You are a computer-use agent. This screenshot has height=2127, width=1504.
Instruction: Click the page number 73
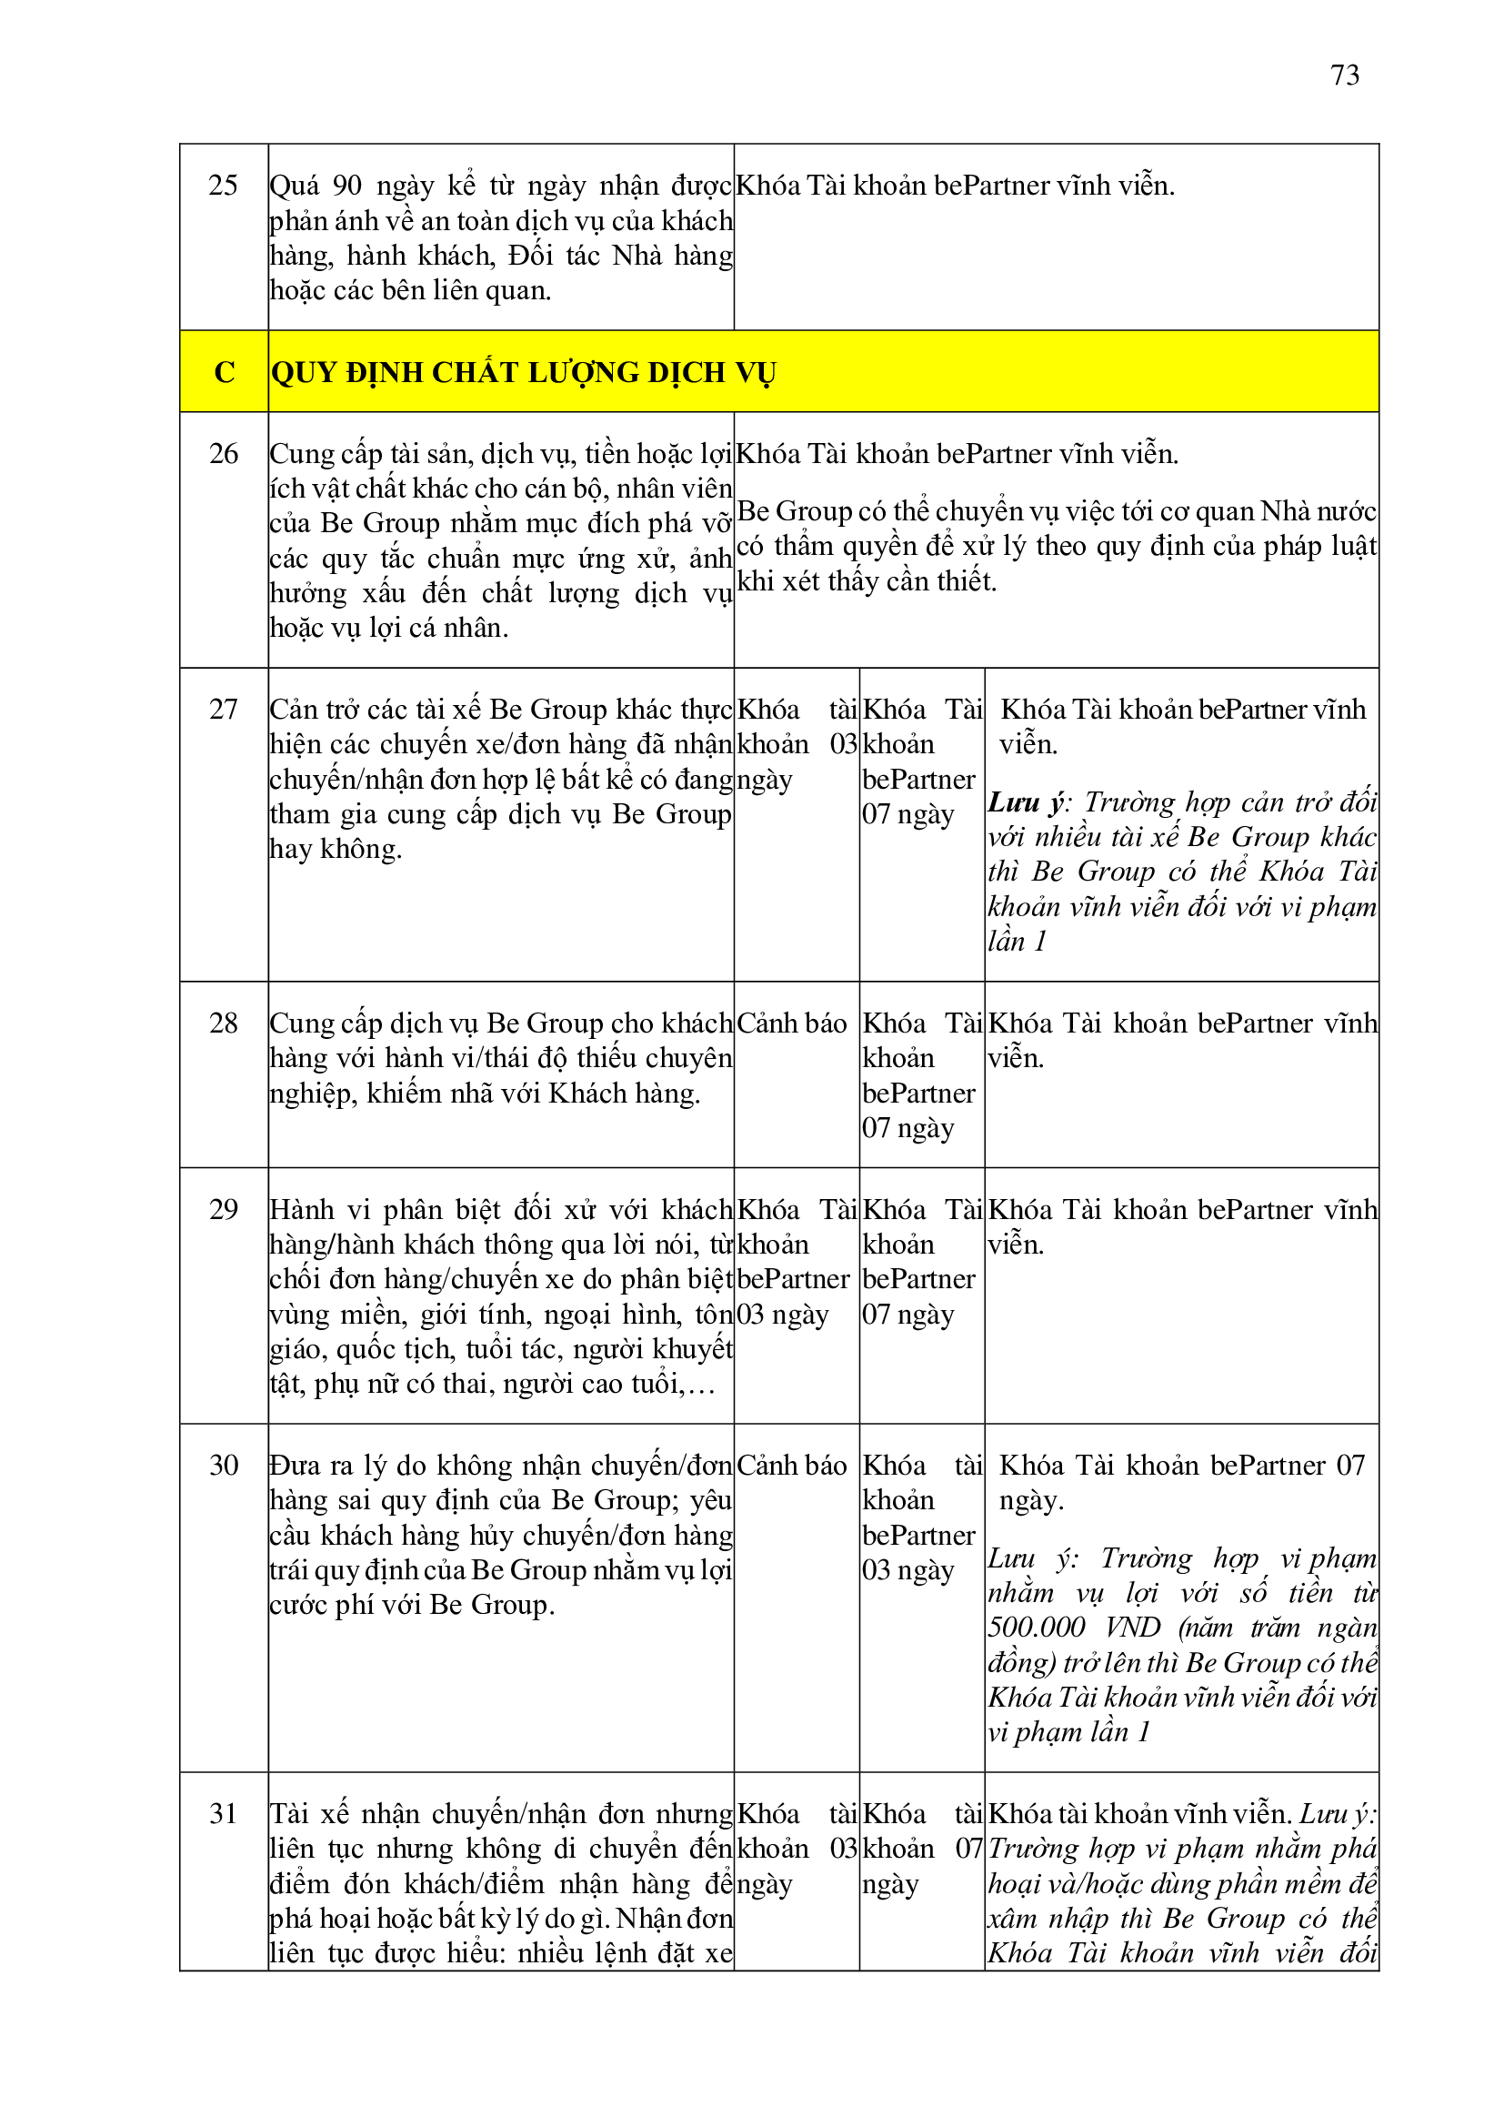[x=1345, y=75]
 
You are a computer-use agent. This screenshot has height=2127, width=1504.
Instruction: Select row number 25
[x=223, y=186]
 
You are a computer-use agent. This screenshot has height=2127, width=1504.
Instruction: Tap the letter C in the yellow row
[x=224, y=372]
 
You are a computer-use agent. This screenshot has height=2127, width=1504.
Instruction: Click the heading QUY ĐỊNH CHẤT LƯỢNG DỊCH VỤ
[x=523, y=372]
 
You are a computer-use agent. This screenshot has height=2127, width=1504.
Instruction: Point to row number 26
[x=223, y=454]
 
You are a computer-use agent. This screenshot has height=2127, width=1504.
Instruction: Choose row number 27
[x=223, y=710]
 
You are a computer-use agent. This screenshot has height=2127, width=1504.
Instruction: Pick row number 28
[x=223, y=1023]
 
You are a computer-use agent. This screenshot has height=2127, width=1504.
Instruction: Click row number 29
[x=223, y=1210]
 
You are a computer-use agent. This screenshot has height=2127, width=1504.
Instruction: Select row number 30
[x=223, y=1466]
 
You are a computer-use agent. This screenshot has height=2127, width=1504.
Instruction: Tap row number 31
[x=223, y=1814]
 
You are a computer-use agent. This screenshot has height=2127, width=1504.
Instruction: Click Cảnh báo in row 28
[x=792, y=1023]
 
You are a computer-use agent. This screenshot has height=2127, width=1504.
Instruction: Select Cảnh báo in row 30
[x=792, y=1466]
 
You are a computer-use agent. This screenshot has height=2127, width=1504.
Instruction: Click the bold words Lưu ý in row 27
[x=1026, y=802]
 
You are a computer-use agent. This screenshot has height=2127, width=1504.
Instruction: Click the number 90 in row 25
[x=346, y=186]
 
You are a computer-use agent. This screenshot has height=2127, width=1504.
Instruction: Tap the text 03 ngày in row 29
[x=783, y=1315]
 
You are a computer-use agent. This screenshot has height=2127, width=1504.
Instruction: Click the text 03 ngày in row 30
[x=907, y=1570]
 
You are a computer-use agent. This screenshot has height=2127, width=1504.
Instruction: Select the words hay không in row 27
[x=336, y=850]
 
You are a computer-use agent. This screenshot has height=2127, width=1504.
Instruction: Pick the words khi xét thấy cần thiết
[x=867, y=581]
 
